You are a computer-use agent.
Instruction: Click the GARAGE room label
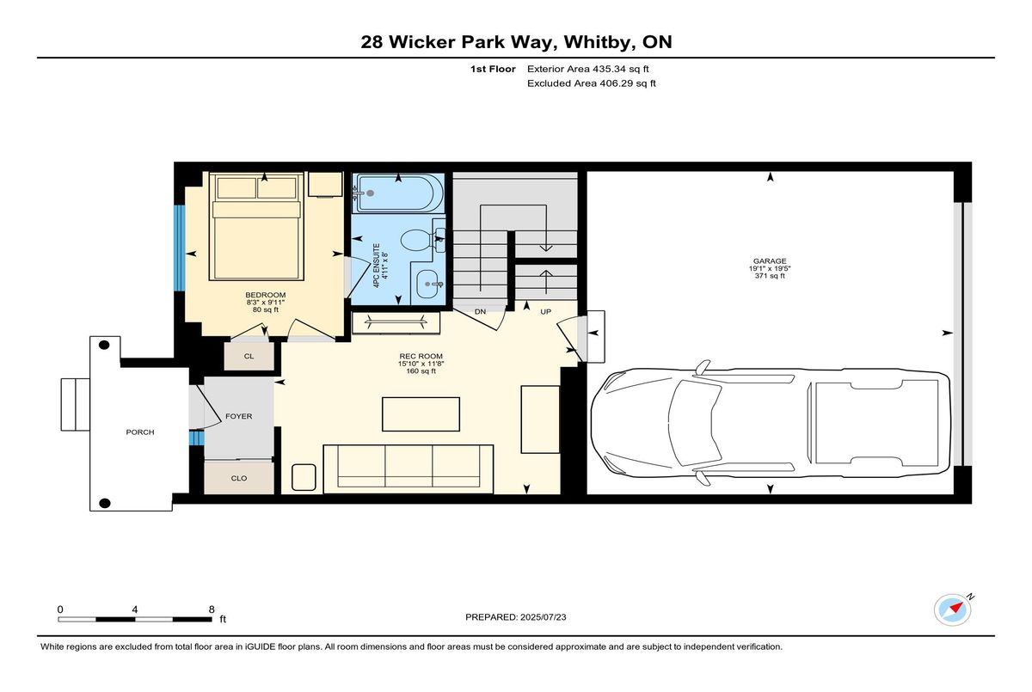click(x=770, y=260)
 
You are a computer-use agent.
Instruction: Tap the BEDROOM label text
click(x=266, y=295)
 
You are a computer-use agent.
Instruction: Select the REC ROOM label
click(x=421, y=356)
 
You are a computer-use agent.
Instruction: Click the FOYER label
click(x=239, y=416)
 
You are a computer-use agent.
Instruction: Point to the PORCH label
click(x=140, y=432)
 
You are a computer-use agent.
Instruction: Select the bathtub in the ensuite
click(x=398, y=193)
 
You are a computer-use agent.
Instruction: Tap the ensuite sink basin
click(x=427, y=285)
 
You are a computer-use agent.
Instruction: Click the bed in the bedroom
click(x=256, y=226)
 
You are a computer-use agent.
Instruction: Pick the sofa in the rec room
click(x=408, y=468)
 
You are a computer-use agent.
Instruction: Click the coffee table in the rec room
click(x=421, y=414)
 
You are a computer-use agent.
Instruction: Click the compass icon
click(x=952, y=610)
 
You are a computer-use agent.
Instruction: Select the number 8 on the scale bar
click(x=212, y=609)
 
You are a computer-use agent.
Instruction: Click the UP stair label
click(x=545, y=312)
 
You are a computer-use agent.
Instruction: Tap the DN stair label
click(x=480, y=312)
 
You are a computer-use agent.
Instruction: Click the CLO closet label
click(x=239, y=478)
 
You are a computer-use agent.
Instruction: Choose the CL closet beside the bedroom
click(x=249, y=356)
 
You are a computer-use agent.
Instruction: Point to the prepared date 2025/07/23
click(x=544, y=617)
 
